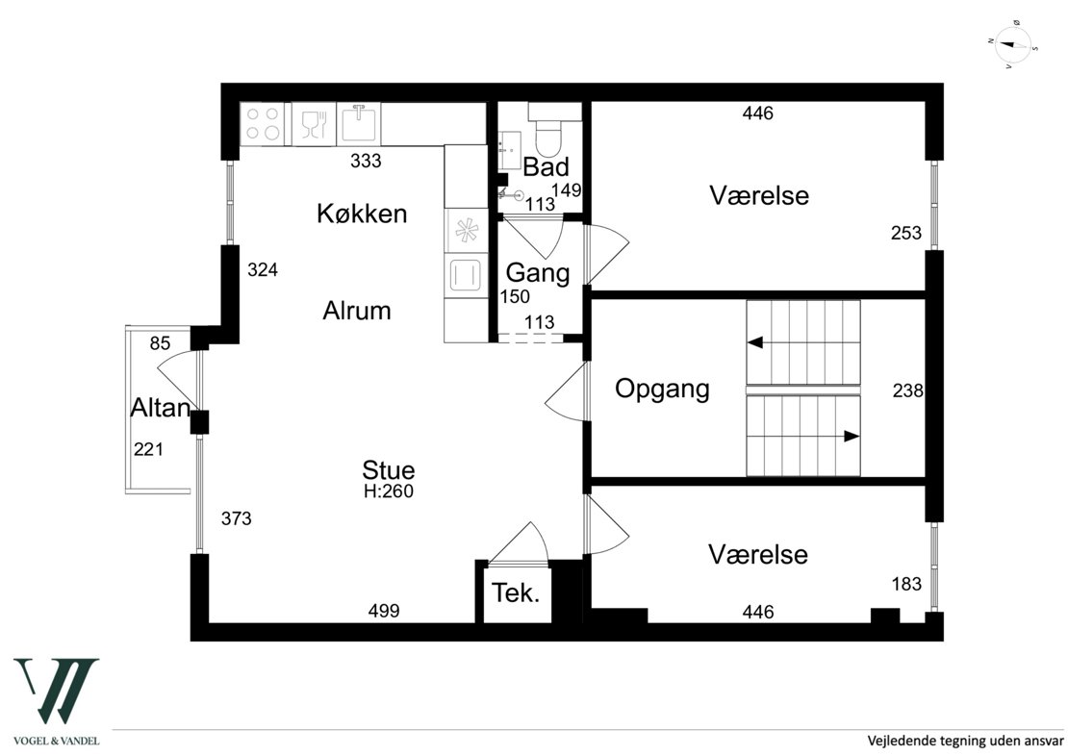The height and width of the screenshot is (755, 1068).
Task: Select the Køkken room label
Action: point(362,214)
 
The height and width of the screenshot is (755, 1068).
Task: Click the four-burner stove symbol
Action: point(264,123)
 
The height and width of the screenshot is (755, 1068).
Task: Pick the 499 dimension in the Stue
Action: point(384,611)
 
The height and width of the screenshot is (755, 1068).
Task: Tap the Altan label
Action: point(161,408)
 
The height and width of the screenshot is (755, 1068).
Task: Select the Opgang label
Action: point(662,389)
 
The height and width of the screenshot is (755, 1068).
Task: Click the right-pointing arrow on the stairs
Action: point(851,436)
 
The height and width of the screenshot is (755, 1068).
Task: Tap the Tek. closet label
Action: point(516,593)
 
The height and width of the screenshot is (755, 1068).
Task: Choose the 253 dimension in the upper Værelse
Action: point(905,233)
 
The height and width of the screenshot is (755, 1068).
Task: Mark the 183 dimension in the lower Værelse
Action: point(905,584)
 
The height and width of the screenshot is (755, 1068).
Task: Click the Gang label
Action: point(538,273)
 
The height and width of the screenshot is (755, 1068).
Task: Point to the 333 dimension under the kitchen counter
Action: point(366,162)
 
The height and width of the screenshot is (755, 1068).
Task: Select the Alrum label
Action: point(357,311)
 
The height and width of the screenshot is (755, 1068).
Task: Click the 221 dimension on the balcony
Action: point(150,449)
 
